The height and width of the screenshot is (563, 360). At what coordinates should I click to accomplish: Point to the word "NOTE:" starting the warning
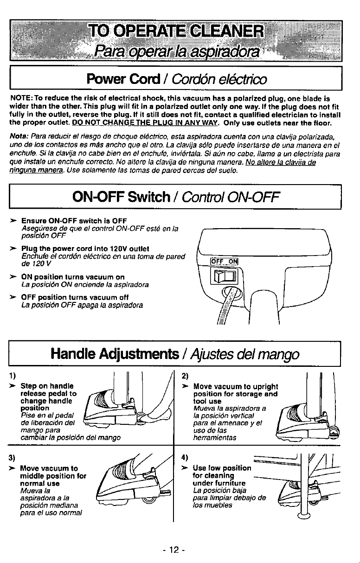21,99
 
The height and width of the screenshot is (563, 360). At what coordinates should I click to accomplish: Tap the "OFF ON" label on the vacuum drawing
224,261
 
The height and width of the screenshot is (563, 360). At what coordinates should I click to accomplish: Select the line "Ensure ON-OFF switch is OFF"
74,220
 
